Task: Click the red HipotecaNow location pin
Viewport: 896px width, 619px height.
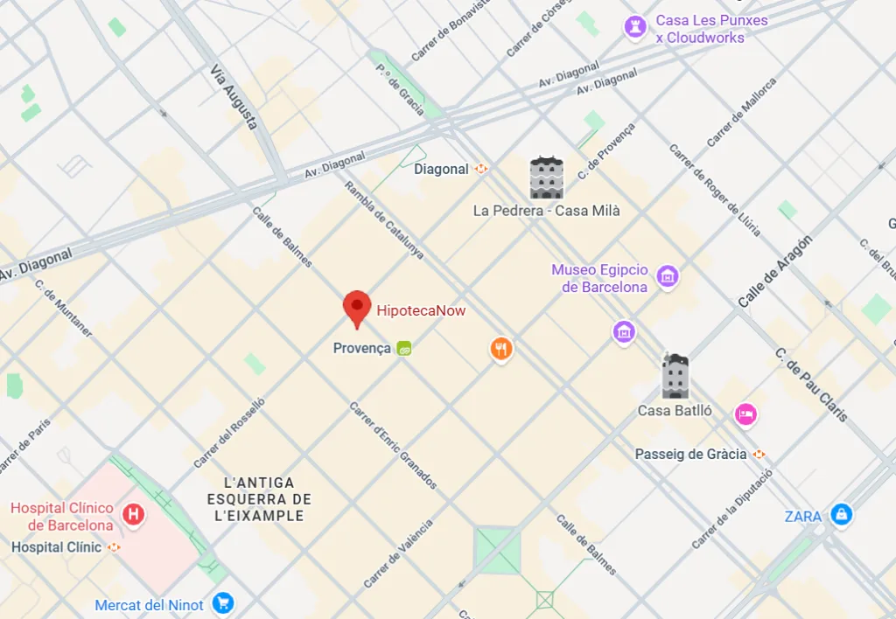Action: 356,307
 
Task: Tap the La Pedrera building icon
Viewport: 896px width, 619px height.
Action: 546,177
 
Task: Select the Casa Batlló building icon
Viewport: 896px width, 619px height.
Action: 675,377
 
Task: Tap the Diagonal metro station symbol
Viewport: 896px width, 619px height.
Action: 481,170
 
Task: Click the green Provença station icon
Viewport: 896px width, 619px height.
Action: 404,348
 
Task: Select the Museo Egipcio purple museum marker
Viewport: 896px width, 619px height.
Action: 668,277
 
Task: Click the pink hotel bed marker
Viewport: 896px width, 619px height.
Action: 745,413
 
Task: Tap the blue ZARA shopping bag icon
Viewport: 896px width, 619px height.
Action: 841,515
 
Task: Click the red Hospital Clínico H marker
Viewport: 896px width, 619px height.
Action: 134,514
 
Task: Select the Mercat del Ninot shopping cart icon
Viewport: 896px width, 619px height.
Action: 222,604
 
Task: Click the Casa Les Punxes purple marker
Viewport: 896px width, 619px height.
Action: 634,27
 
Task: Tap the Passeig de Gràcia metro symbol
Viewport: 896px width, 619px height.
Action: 759,454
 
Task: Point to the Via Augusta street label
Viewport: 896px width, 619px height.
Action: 234,96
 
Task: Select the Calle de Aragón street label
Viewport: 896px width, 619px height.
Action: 775,271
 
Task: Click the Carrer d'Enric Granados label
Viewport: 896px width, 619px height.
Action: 392,445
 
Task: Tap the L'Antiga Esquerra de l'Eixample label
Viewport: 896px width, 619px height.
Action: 259,499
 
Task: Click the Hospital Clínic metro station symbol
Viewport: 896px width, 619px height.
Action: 113,547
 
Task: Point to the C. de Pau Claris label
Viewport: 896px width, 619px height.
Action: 811,385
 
